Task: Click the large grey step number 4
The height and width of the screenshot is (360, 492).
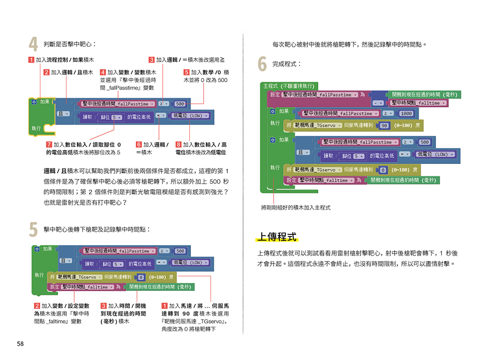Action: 33,45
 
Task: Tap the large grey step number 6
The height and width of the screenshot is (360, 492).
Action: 263,65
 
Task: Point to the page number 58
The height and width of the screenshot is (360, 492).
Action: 20,343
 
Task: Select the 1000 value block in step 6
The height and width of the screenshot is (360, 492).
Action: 406,113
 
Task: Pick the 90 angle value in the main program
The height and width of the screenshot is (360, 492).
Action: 384,126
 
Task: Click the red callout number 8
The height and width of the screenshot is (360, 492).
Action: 179,145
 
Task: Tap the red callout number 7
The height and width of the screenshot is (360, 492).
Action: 49,145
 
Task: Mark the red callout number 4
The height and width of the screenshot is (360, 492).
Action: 103,72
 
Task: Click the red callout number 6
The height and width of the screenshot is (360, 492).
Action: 139,145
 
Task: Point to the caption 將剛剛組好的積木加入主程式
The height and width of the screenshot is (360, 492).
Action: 296,207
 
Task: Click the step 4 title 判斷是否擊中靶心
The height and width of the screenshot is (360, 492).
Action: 69,44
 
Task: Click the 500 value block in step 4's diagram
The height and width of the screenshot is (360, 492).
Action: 180,104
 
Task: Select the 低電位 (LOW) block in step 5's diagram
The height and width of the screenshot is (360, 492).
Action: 189,262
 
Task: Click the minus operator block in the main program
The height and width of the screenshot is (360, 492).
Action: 378,103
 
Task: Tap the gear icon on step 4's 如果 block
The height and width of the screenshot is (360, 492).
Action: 34,102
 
